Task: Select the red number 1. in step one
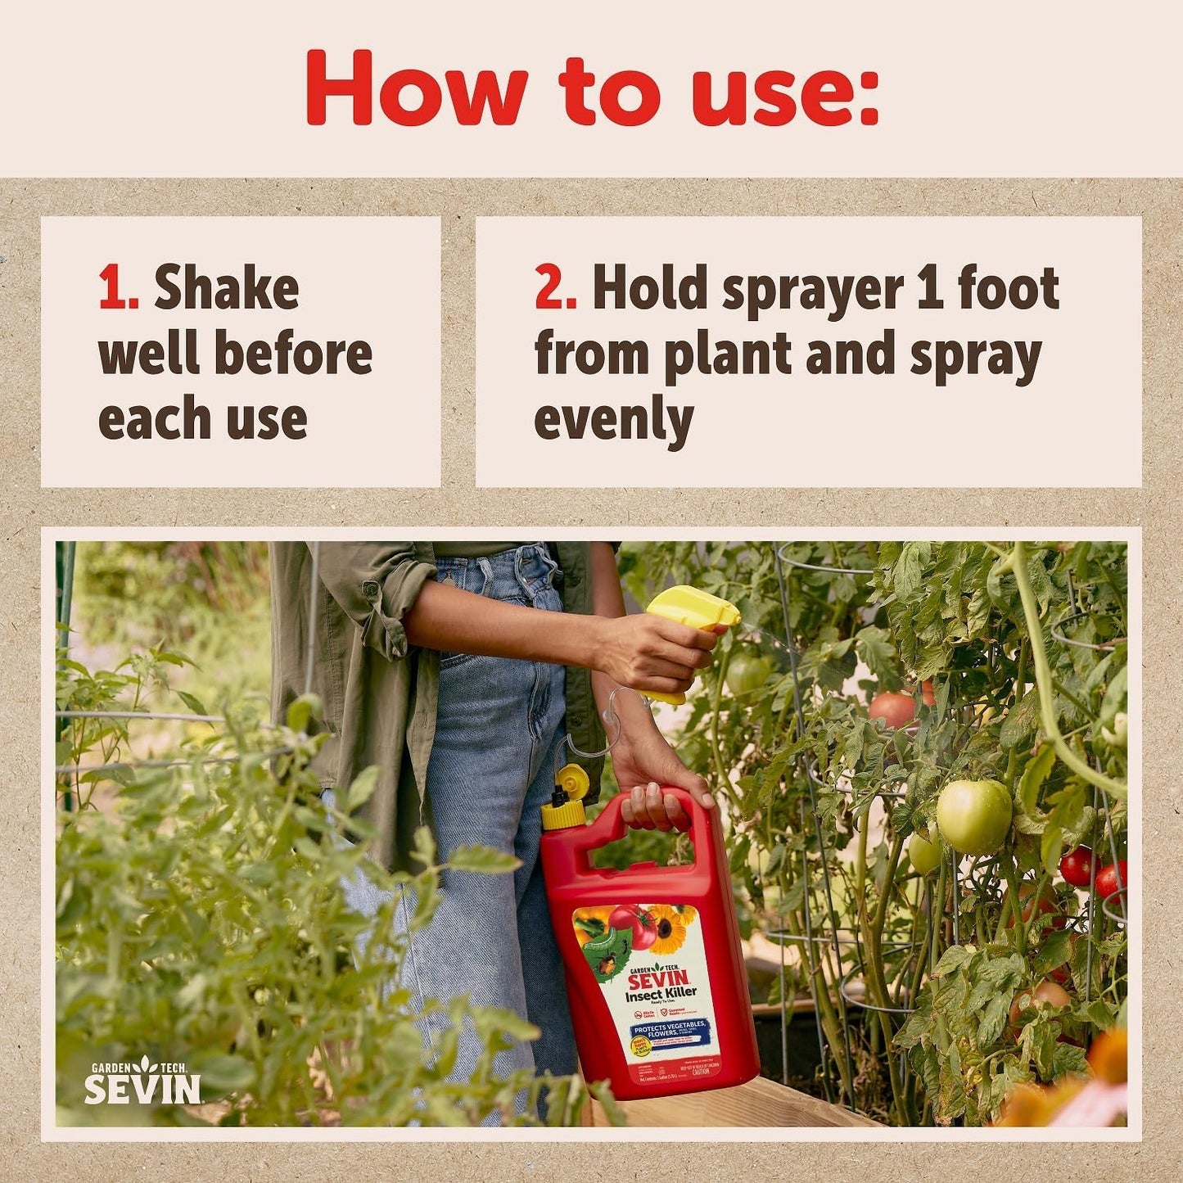(x=118, y=289)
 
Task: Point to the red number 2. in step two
(x=555, y=289)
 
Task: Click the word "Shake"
(x=227, y=289)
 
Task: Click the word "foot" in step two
(x=1009, y=289)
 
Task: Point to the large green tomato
(x=973, y=815)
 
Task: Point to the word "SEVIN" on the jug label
(x=657, y=978)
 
